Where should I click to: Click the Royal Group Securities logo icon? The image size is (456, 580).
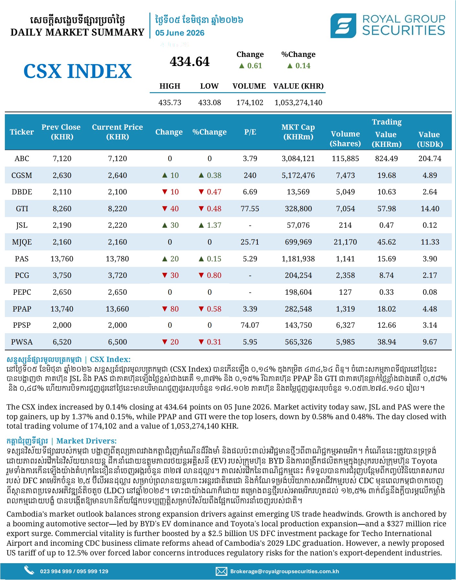[343, 26]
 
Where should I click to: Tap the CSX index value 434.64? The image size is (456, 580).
[190, 61]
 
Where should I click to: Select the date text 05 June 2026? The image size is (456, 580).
[180, 33]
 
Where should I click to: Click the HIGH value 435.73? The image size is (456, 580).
[170, 103]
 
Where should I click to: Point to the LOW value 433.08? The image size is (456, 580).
[210, 103]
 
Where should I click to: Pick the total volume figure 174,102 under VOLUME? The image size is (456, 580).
[250, 103]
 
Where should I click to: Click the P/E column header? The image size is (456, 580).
[250, 132]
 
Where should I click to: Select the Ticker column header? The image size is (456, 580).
[22, 132]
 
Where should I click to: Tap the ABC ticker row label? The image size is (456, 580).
[22, 159]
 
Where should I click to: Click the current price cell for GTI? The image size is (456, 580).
[117, 209]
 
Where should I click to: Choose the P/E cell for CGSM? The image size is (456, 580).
[250, 175]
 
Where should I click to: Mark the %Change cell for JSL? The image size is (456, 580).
[210, 225]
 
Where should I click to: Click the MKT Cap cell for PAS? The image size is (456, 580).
[298, 259]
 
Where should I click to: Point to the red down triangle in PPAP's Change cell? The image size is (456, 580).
[165, 309]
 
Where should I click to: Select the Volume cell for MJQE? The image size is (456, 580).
[345, 242]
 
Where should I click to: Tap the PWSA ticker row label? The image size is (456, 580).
[22, 342]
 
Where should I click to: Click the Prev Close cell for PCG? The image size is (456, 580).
[62, 275]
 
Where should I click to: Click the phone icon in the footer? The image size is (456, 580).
[29, 570]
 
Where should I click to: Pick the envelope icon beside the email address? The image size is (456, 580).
[221, 571]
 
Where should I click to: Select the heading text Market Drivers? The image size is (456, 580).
[86, 441]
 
